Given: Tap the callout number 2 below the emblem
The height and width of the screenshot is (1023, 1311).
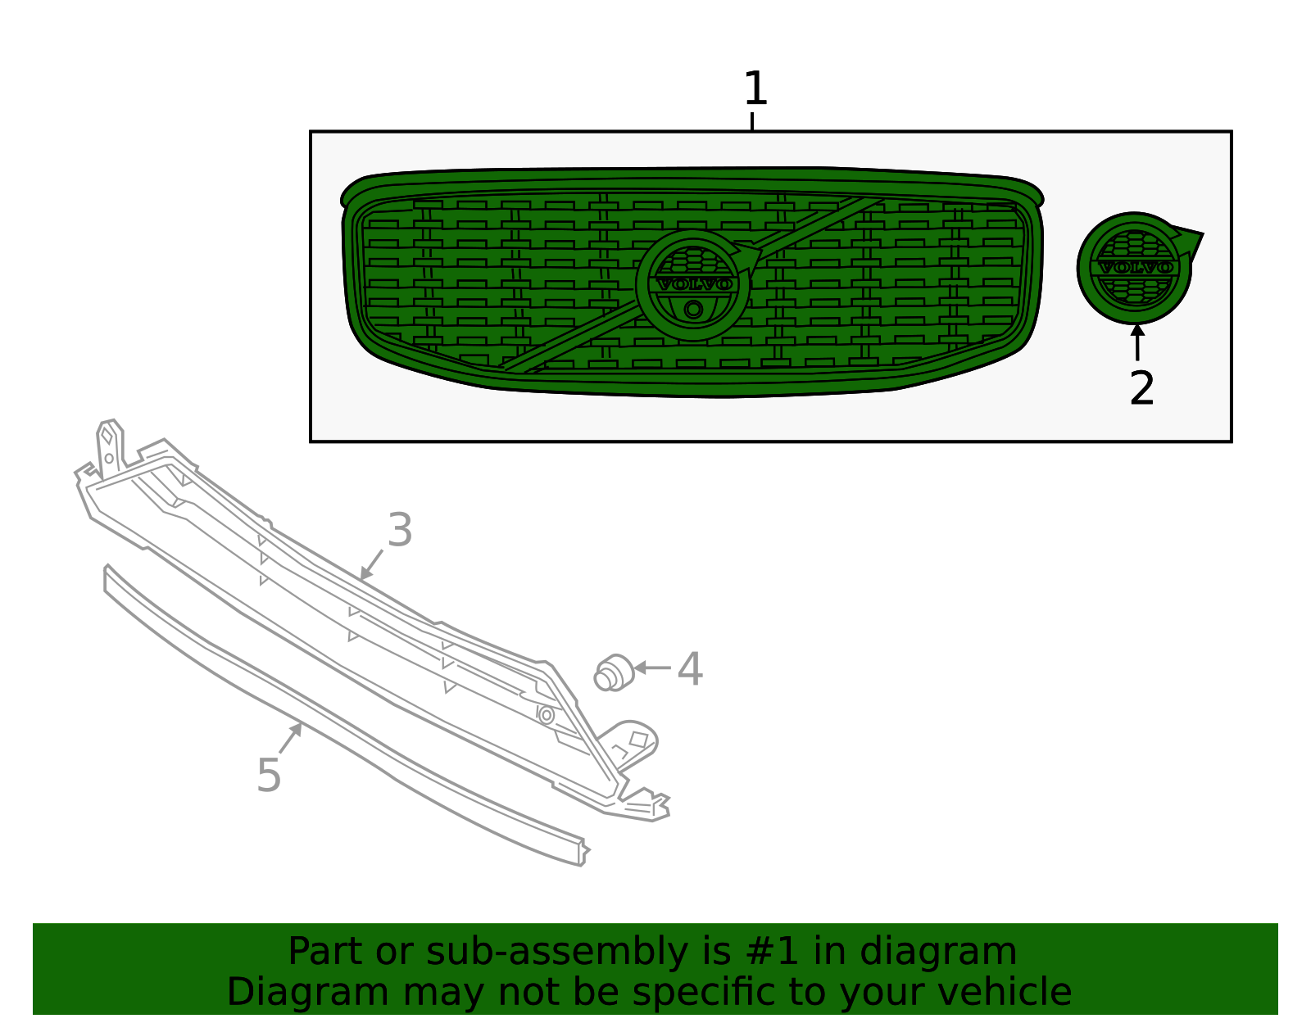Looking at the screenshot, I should tap(1141, 388).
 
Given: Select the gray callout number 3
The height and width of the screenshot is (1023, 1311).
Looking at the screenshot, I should tap(400, 530).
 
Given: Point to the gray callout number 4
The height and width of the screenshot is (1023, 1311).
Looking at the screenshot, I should tap(690, 669).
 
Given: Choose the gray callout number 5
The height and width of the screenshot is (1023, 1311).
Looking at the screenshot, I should tap(269, 775).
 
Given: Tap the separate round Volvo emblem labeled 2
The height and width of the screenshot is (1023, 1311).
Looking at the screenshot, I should tap(1135, 268).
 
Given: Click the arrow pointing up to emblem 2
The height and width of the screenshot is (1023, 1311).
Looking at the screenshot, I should tap(1137, 342).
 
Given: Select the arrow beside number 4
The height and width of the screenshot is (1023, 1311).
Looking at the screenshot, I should tap(651, 668).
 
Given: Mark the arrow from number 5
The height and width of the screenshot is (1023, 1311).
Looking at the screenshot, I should tap(290, 738).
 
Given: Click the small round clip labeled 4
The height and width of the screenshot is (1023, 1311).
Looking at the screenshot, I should tap(613, 673).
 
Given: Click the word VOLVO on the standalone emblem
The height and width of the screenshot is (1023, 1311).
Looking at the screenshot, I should tap(1135, 268).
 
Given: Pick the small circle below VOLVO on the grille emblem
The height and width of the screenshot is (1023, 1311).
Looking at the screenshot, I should tap(693, 310).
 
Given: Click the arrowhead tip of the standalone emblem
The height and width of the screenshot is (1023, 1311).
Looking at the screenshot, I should tap(1200, 236).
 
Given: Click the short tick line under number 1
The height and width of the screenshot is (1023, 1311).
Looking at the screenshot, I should tap(751, 121).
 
